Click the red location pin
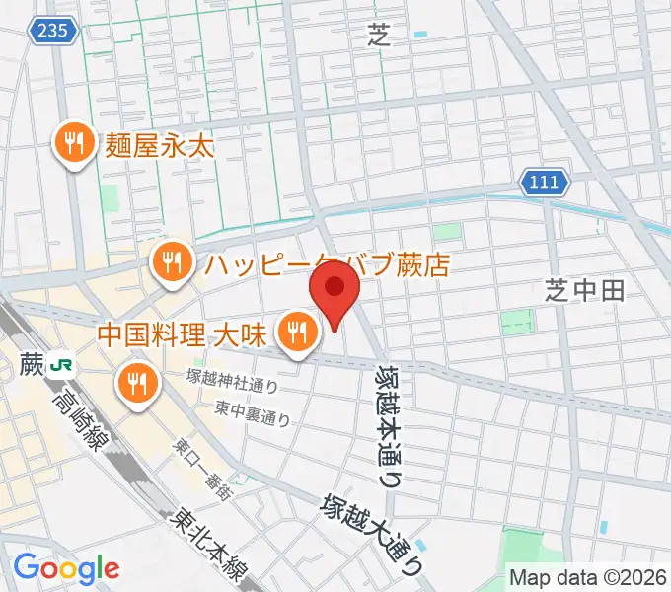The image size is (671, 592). point(335,291)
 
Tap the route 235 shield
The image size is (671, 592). point(53,31)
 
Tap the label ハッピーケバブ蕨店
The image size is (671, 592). point(327,264)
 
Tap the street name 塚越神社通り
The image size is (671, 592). point(232,379)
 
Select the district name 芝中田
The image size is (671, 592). point(585,289)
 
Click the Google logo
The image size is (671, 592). point(67,568)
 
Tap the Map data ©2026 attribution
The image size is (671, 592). point(588,576)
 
